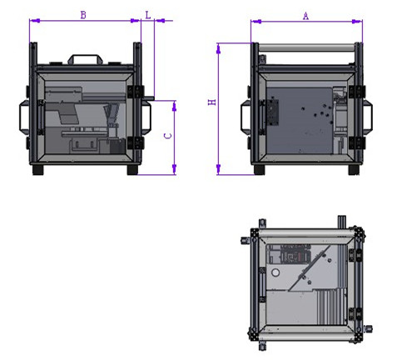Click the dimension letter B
coord(83,15)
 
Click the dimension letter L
coord(148,15)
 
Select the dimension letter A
coord(305,16)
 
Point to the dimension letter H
coord(212,102)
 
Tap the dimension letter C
coord(168,136)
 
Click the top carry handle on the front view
coord(86,59)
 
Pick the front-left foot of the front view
coord(38,170)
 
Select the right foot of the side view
coord(354,170)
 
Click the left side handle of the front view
coord(24,117)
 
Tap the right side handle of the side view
coord(368,117)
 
